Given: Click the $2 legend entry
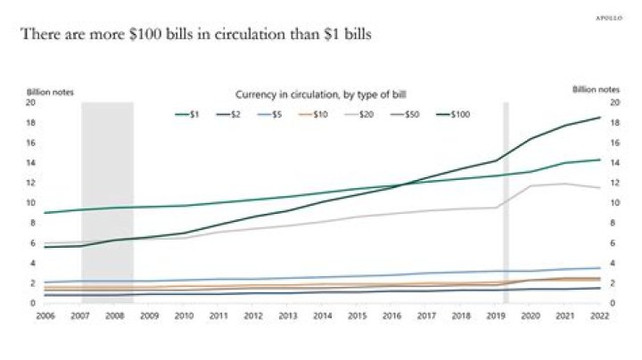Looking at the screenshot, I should click(x=235, y=114).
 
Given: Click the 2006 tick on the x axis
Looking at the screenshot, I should click(x=44, y=315).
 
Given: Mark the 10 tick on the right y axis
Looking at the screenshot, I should click(x=611, y=203).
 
